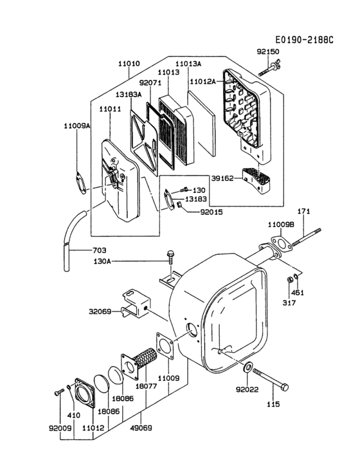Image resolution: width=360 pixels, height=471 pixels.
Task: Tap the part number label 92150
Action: (269, 51)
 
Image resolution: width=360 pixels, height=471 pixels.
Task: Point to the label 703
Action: (82, 250)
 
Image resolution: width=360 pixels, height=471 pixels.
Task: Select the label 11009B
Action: (281, 225)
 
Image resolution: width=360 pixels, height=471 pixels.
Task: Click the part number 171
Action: (304, 212)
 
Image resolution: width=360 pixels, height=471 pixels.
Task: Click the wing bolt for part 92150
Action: (269, 67)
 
